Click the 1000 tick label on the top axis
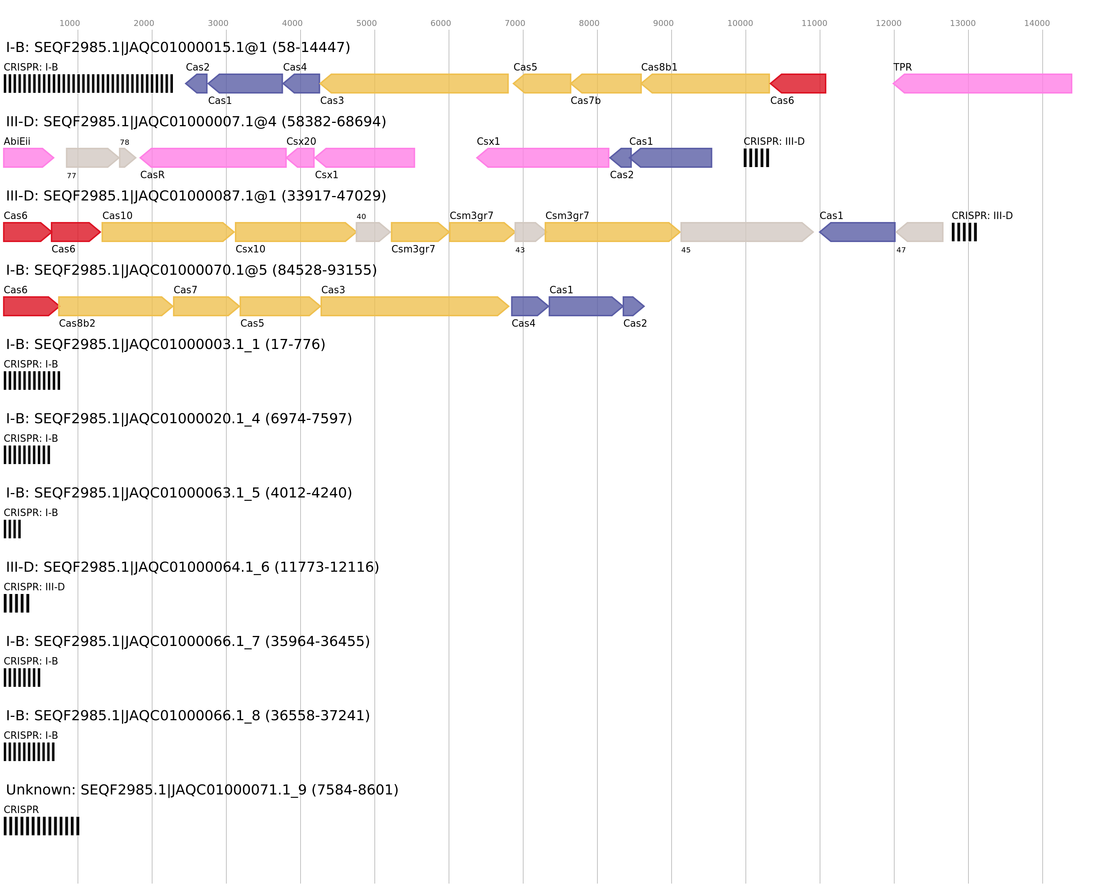coord(70,23)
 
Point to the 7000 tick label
coord(515,23)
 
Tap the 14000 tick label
coord(1037,23)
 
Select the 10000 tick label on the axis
coord(740,23)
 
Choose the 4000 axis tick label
coord(292,23)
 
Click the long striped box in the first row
coord(88,84)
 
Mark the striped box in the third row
coord(964,232)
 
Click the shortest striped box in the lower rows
coord(12,529)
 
